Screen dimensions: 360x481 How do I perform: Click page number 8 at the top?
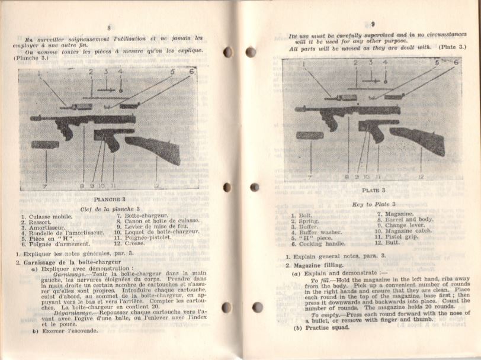[109, 28]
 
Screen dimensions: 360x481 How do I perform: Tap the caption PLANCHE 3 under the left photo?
[107, 200]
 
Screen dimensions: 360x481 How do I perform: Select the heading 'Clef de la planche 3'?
[110, 210]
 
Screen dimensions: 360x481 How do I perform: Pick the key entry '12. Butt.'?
[389, 243]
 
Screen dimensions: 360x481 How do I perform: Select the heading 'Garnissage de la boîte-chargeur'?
[73, 262]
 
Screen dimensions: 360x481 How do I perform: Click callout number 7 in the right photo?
[310, 176]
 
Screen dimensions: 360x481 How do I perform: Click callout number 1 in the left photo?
[39, 74]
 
